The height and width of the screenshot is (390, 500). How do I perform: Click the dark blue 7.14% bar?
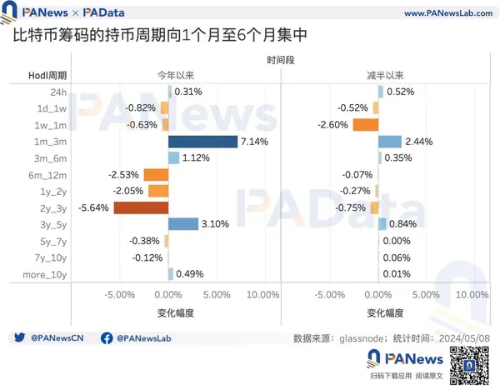(202, 141)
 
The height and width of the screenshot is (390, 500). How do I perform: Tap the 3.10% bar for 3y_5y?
(183, 224)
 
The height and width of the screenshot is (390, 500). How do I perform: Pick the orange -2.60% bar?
(365, 124)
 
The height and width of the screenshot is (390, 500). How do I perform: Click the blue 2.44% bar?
(390, 141)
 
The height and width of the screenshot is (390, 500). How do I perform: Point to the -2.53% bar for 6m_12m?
(156, 174)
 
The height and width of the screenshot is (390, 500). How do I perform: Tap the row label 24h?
(58, 92)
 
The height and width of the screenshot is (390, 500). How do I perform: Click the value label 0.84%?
(402, 224)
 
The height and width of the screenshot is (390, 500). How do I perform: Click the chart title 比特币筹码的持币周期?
(92, 38)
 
